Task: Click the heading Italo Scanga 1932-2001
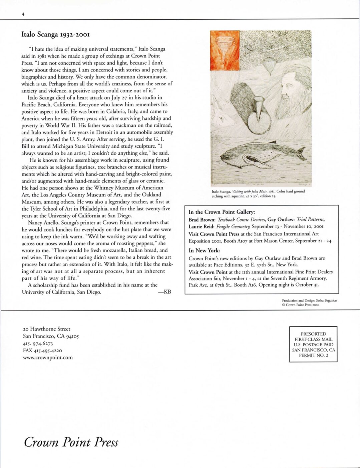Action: tap(55, 34)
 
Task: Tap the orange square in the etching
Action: tap(225, 50)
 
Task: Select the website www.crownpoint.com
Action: tap(48, 357)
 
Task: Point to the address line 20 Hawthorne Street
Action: tap(47, 329)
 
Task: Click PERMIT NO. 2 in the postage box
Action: tap(313, 355)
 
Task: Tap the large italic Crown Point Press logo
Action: tap(71, 442)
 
